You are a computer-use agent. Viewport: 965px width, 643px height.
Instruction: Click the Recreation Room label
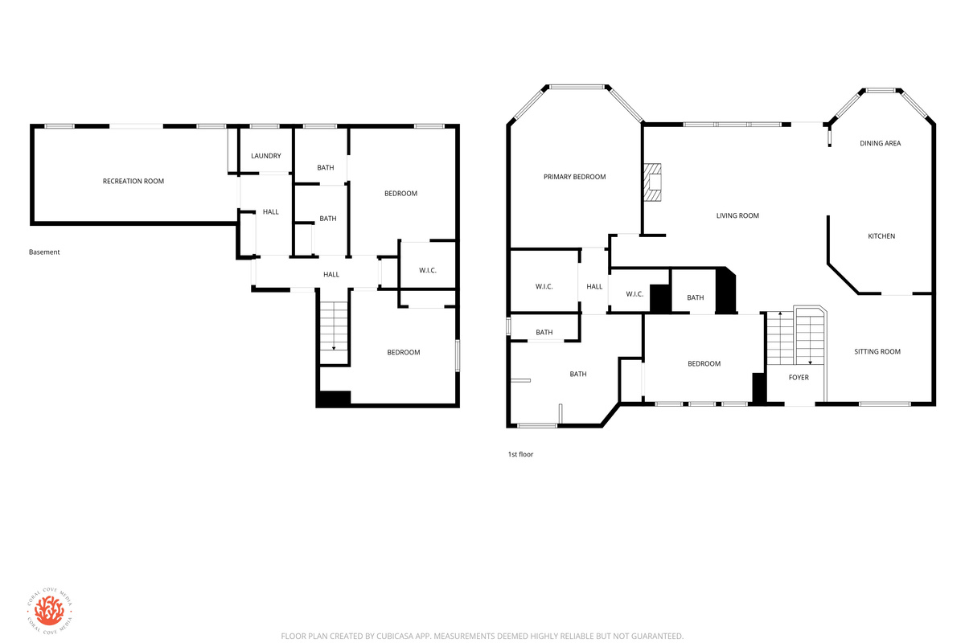133,182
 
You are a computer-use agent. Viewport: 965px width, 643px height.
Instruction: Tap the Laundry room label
266,156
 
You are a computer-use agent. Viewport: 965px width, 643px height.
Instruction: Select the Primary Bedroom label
574,177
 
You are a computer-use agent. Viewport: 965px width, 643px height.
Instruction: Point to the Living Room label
737,215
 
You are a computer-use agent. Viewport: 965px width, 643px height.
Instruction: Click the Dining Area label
880,143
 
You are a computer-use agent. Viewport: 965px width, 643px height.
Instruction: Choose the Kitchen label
881,236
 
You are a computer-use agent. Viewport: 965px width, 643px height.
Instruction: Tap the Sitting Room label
877,352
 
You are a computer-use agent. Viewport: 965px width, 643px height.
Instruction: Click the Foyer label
799,378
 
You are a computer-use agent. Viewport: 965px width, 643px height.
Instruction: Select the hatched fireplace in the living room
652,182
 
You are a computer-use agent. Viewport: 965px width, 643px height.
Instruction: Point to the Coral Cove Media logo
50,611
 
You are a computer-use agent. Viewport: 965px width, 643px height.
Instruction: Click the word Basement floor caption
44,252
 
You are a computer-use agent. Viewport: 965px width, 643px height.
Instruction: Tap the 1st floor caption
520,454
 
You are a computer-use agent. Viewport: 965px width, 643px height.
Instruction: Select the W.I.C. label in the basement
428,271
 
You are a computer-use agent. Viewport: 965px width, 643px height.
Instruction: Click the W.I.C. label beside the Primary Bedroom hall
544,287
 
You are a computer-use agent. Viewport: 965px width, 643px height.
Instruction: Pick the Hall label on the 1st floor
594,287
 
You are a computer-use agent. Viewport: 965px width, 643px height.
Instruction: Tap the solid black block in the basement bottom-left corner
334,399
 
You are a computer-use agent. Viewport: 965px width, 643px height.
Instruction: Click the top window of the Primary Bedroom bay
577,88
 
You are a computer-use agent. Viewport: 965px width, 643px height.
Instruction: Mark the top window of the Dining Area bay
881,91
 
